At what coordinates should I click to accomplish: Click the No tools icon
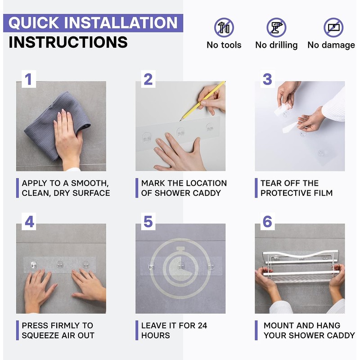click(224, 27)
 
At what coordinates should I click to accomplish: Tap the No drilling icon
click(276, 27)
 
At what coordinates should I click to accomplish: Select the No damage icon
click(333, 27)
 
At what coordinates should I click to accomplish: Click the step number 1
click(28, 79)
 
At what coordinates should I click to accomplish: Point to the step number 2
click(148, 79)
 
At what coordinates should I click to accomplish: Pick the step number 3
click(267, 79)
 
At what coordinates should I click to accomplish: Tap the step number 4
click(29, 222)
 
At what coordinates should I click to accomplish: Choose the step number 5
click(148, 222)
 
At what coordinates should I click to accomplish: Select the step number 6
click(267, 222)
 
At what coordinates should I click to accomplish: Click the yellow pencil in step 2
click(202, 101)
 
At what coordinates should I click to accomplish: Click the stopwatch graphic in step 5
click(180, 268)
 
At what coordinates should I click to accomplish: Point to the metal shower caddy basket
click(301, 266)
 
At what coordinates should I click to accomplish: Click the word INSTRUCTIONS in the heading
click(68, 42)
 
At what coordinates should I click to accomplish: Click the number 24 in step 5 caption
click(202, 325)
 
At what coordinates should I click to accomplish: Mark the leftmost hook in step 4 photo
click(33, 265)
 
